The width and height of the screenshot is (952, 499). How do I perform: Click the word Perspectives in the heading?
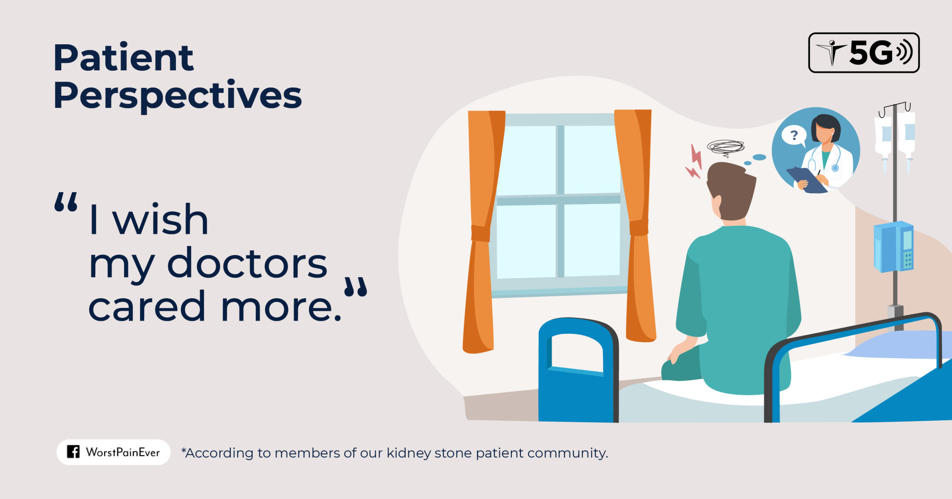(x=177, y=96)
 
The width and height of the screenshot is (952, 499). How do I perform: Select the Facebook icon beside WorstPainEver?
(x=73, y=452)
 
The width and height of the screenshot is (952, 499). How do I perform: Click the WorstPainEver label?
(x=123, y=452)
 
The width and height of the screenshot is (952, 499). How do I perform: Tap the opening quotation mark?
(x=66, y=202)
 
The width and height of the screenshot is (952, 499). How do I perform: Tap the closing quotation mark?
(x=356, y=287)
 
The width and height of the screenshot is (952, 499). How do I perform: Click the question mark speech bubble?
(x=793, y=136)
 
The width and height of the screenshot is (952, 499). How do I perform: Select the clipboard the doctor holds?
(x=807, y=180)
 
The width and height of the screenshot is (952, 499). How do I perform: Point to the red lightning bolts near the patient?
(x=694, y=162)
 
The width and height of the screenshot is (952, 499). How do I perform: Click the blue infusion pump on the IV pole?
(x=893, y=247)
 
